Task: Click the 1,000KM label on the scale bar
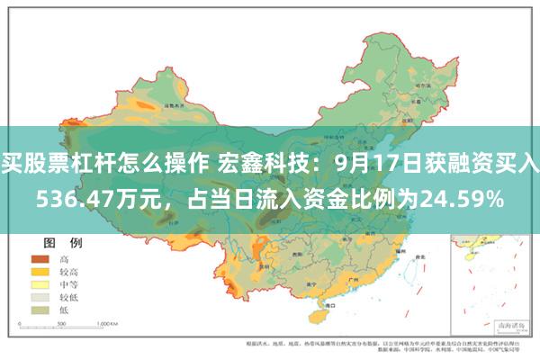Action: (111, 322)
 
